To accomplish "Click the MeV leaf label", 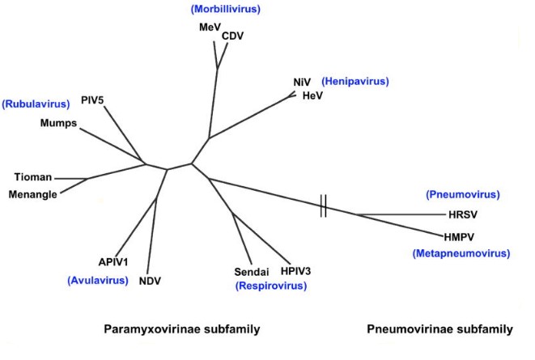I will pyautogui.click(x=210, y=28).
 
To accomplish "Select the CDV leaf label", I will pyautogui.click(x=232, y=36).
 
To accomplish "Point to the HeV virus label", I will pyautogui.click(x=312, y=95).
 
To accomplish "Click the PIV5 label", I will pyautogui.click(x=93, y=100).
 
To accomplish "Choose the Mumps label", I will pyautogui.click(x=58, y=124).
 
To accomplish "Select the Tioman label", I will pyautogui.click(x=33, y=176).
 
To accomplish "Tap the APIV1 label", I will pyautogui.click(x=114, y=262).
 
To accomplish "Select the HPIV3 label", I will pyautogui.click(x=296, y=271).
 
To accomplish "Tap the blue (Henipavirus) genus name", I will pyautogui.click(x=355, y=82).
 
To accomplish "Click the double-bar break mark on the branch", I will pyautogui.click(x=323, y=208).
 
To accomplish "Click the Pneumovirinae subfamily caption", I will pyautogui.click(x=439, y=329).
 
